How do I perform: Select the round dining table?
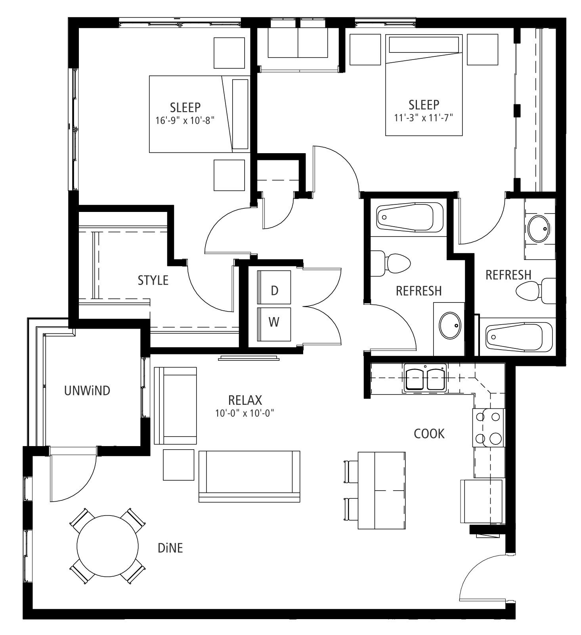[107, 546]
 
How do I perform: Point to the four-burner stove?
[488, 428]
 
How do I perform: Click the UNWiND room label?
[87, 391]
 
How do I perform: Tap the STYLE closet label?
[153, 281]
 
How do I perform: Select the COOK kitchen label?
[429, 434]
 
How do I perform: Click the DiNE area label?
[170, 548]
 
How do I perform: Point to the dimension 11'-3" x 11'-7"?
[424, 118]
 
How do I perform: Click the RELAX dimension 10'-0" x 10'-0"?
[245, 413]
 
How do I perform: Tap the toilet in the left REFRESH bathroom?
[390, 263]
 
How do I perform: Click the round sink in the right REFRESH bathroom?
[539, 229]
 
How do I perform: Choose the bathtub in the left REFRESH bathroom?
[410, 217]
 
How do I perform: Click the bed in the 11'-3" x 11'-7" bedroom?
[424, 85]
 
